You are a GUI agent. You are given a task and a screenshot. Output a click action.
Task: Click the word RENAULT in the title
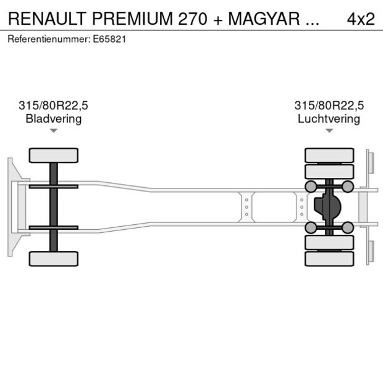47,19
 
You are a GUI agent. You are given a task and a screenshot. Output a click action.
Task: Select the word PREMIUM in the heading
132,19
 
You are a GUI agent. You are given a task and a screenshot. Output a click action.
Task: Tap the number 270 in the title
193,19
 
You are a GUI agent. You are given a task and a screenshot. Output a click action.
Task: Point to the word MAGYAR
264,19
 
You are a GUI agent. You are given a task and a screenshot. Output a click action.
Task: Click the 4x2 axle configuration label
361,19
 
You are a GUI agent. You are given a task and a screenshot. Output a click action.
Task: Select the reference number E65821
109,39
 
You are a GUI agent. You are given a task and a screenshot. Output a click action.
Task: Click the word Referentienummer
49,39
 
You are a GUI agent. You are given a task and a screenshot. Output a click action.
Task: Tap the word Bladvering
54,119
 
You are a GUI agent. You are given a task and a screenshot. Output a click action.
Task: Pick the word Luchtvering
329,119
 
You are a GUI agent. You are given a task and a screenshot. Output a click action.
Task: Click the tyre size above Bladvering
53,106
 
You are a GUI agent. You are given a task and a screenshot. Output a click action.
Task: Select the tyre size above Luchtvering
329,106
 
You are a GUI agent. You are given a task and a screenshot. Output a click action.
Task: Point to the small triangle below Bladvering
54,131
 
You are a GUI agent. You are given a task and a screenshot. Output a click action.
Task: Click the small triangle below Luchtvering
329,131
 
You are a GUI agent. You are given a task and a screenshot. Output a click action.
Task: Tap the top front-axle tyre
54,155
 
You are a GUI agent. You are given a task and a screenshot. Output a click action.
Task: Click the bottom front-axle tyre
54,259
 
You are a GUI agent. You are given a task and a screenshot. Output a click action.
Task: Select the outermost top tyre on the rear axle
329,155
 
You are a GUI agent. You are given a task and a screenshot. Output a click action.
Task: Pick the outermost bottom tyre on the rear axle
329,259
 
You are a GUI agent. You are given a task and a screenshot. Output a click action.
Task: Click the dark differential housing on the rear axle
327,207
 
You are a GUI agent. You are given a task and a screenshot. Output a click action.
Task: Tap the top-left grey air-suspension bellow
311,187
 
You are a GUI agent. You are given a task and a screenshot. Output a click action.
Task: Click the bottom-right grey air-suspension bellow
348,227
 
